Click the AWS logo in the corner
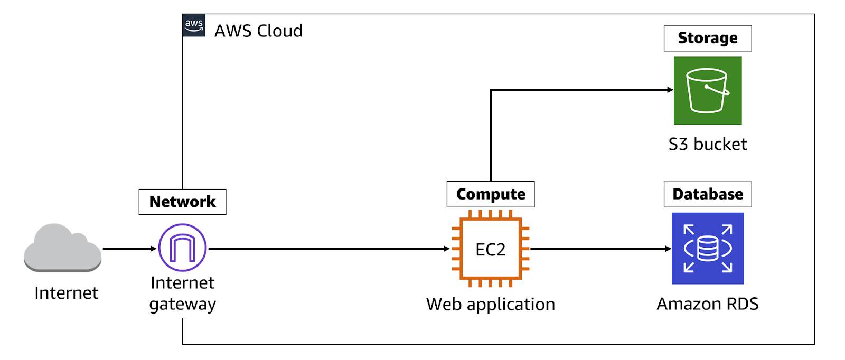coord(194,25)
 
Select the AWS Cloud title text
coord(258,31)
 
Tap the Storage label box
coord(708,38)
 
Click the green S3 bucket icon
coord(708,90)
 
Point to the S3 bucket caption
coord(708,144)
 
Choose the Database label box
coord(708,194)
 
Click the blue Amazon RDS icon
coord(708,249)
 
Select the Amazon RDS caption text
coord(708,304)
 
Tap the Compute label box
coord(491,194)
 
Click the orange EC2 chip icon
coord(491,249)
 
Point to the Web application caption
coord(491,304)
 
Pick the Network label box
coord(183,202)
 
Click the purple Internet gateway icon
coord(183,248)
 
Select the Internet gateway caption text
coord(183,293)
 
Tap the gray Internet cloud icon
coord(63,248)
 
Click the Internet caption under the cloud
coord(67,293)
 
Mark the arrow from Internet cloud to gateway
coord(130,249)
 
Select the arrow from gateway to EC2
coord(329,249)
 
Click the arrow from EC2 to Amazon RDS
coord(601,249)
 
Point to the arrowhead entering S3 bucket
coord(670,90)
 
